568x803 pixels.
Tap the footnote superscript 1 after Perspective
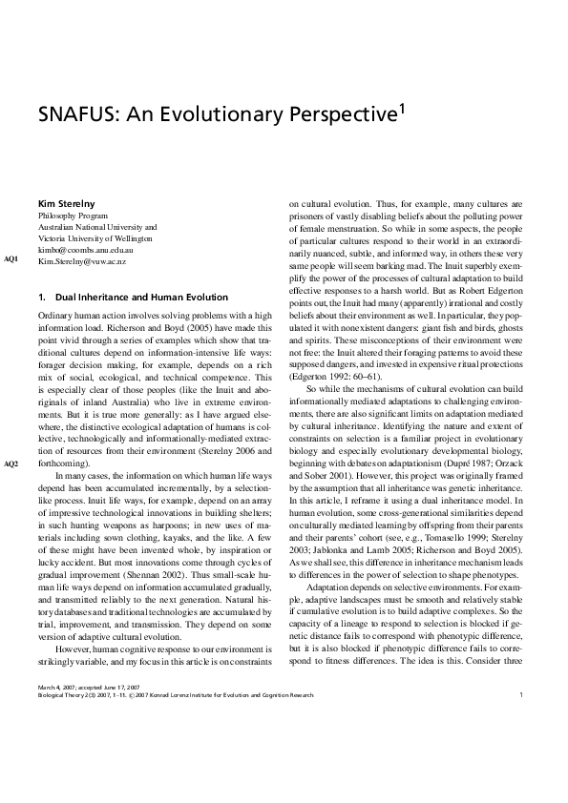[x=403, y=110]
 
